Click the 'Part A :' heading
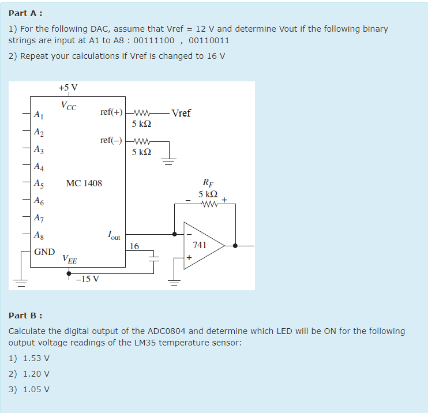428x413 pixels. click(x=25, y=13)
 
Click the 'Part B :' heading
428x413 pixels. click(x=25, y=316)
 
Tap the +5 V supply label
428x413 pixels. click(x=68, y=88)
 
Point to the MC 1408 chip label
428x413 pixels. click(x=84, y=183)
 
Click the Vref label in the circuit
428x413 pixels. click(x=181, y=113)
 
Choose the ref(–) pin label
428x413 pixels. click(x=111, y=141)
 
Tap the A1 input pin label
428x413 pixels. click(x=38, y=115)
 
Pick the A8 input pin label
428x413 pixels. click(x=38, y=235)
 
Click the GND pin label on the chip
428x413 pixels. click(x=44, y=252)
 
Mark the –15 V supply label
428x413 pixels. click(x=88, y=279)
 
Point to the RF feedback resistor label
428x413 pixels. click(x=207, y=184)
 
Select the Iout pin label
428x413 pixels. click(x=114, y=235)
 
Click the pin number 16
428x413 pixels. click(x=134, y=246)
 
